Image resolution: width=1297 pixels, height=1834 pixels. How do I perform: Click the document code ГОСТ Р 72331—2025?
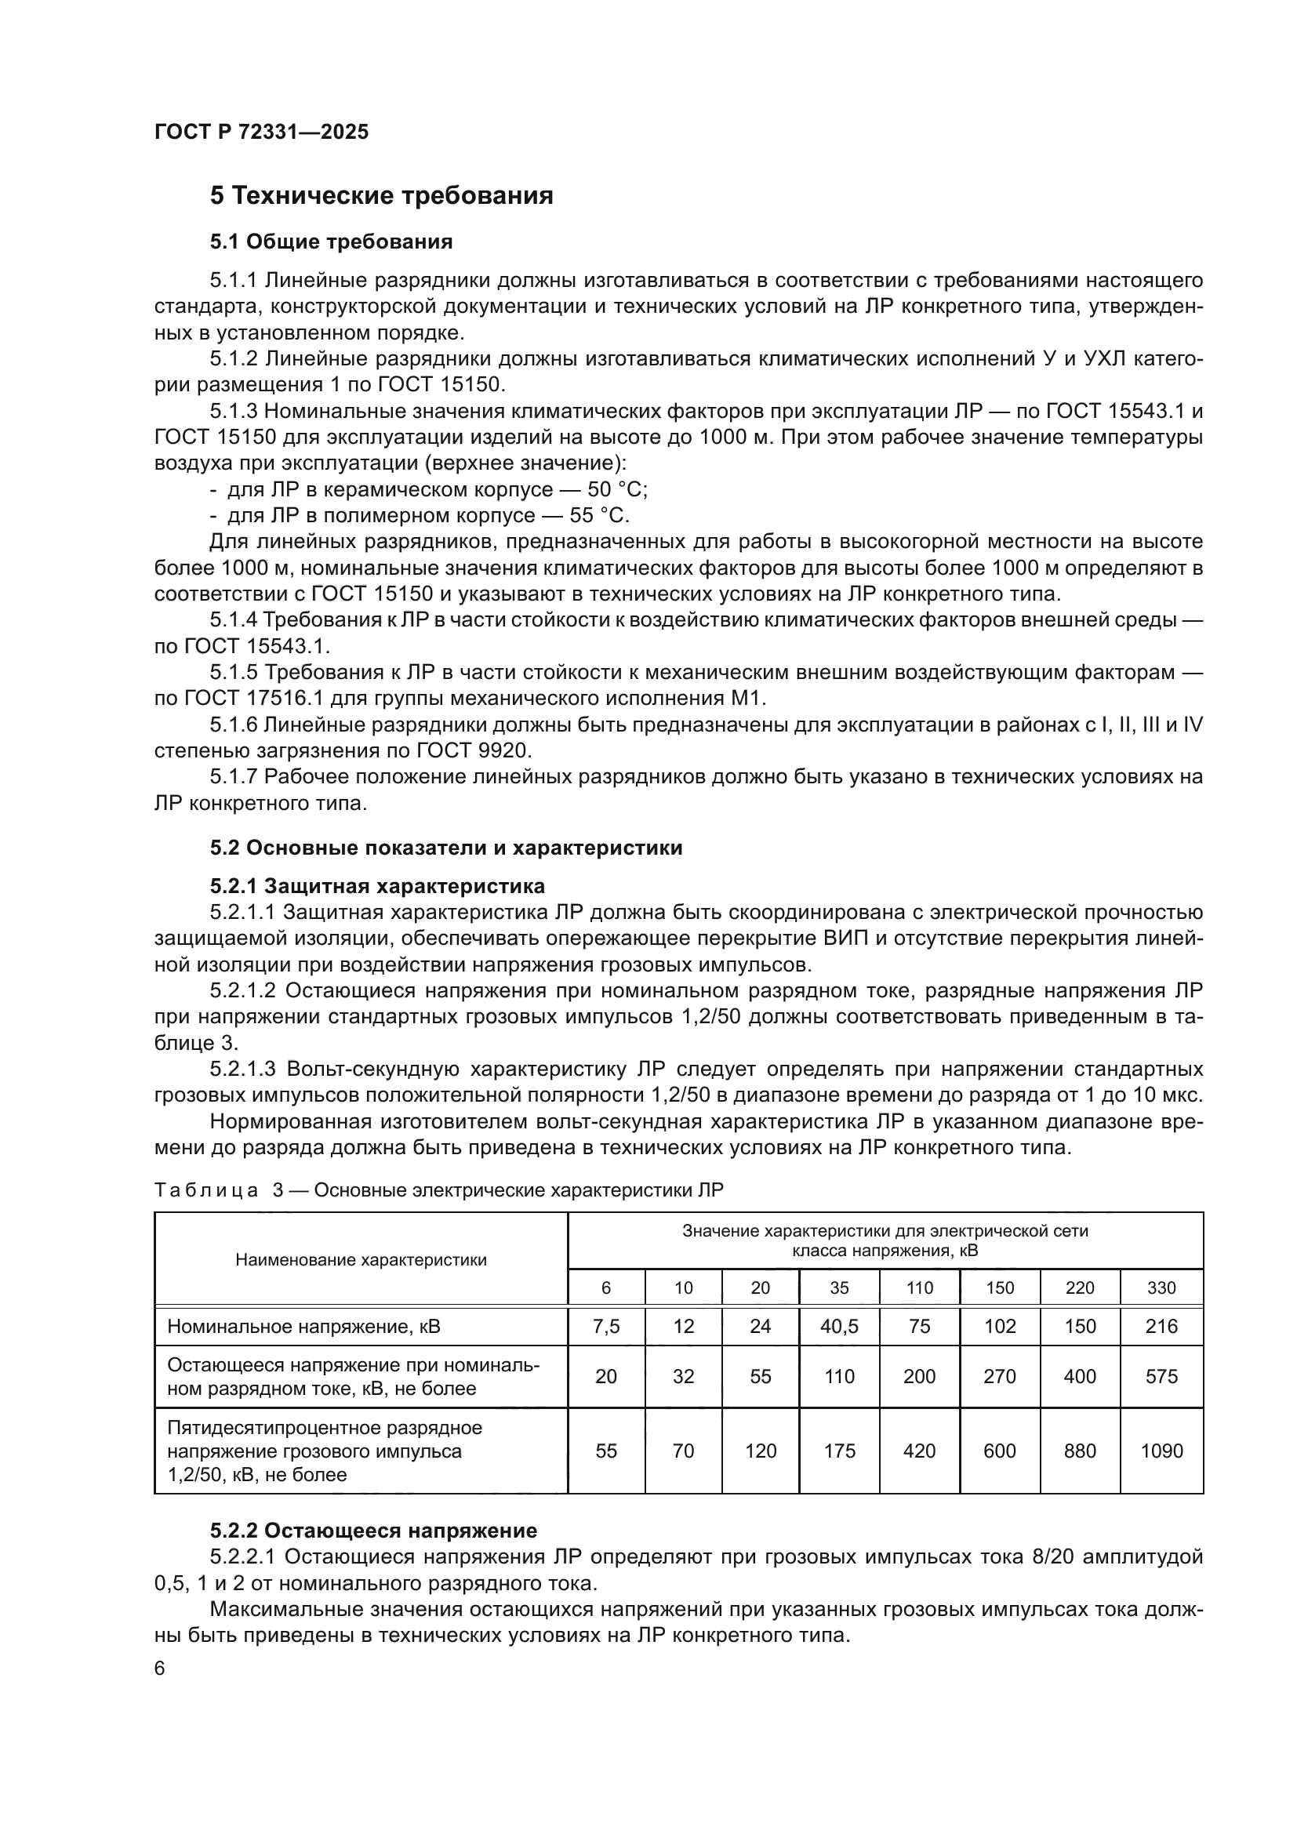pos(261,133)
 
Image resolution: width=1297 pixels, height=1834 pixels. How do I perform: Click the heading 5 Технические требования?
pos(381,196)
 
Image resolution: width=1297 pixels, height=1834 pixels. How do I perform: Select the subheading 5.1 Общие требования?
pos(331,242)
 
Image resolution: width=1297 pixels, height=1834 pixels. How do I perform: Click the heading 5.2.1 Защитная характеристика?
pos(377,886)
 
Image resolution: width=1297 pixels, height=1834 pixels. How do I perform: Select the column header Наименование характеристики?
pos(361,1260)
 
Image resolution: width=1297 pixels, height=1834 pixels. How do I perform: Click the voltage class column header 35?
pos(838,1287)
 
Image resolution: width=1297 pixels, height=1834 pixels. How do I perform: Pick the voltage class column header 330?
pos(1161,1287)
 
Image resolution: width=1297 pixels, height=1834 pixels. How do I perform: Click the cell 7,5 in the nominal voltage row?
pos(605,1327)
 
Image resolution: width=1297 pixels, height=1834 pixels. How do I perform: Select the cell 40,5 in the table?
pos(838,1327)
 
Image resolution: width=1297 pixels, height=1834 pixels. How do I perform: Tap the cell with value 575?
pos(1161,1376)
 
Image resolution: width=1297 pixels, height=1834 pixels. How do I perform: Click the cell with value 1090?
pos(1161,1451)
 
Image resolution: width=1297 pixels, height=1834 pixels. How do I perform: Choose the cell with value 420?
pos(918,1451)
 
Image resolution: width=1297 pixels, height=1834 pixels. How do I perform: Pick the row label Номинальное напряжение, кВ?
pos(303,1327)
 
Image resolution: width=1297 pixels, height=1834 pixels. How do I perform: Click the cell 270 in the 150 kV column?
pos(999,1376)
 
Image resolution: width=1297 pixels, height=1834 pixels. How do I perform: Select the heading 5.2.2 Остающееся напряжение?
pos(373,1531)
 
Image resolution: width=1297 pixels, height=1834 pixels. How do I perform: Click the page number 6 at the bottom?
pos(160,1668)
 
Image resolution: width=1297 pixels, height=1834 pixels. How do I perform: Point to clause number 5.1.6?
pos(233,725)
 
